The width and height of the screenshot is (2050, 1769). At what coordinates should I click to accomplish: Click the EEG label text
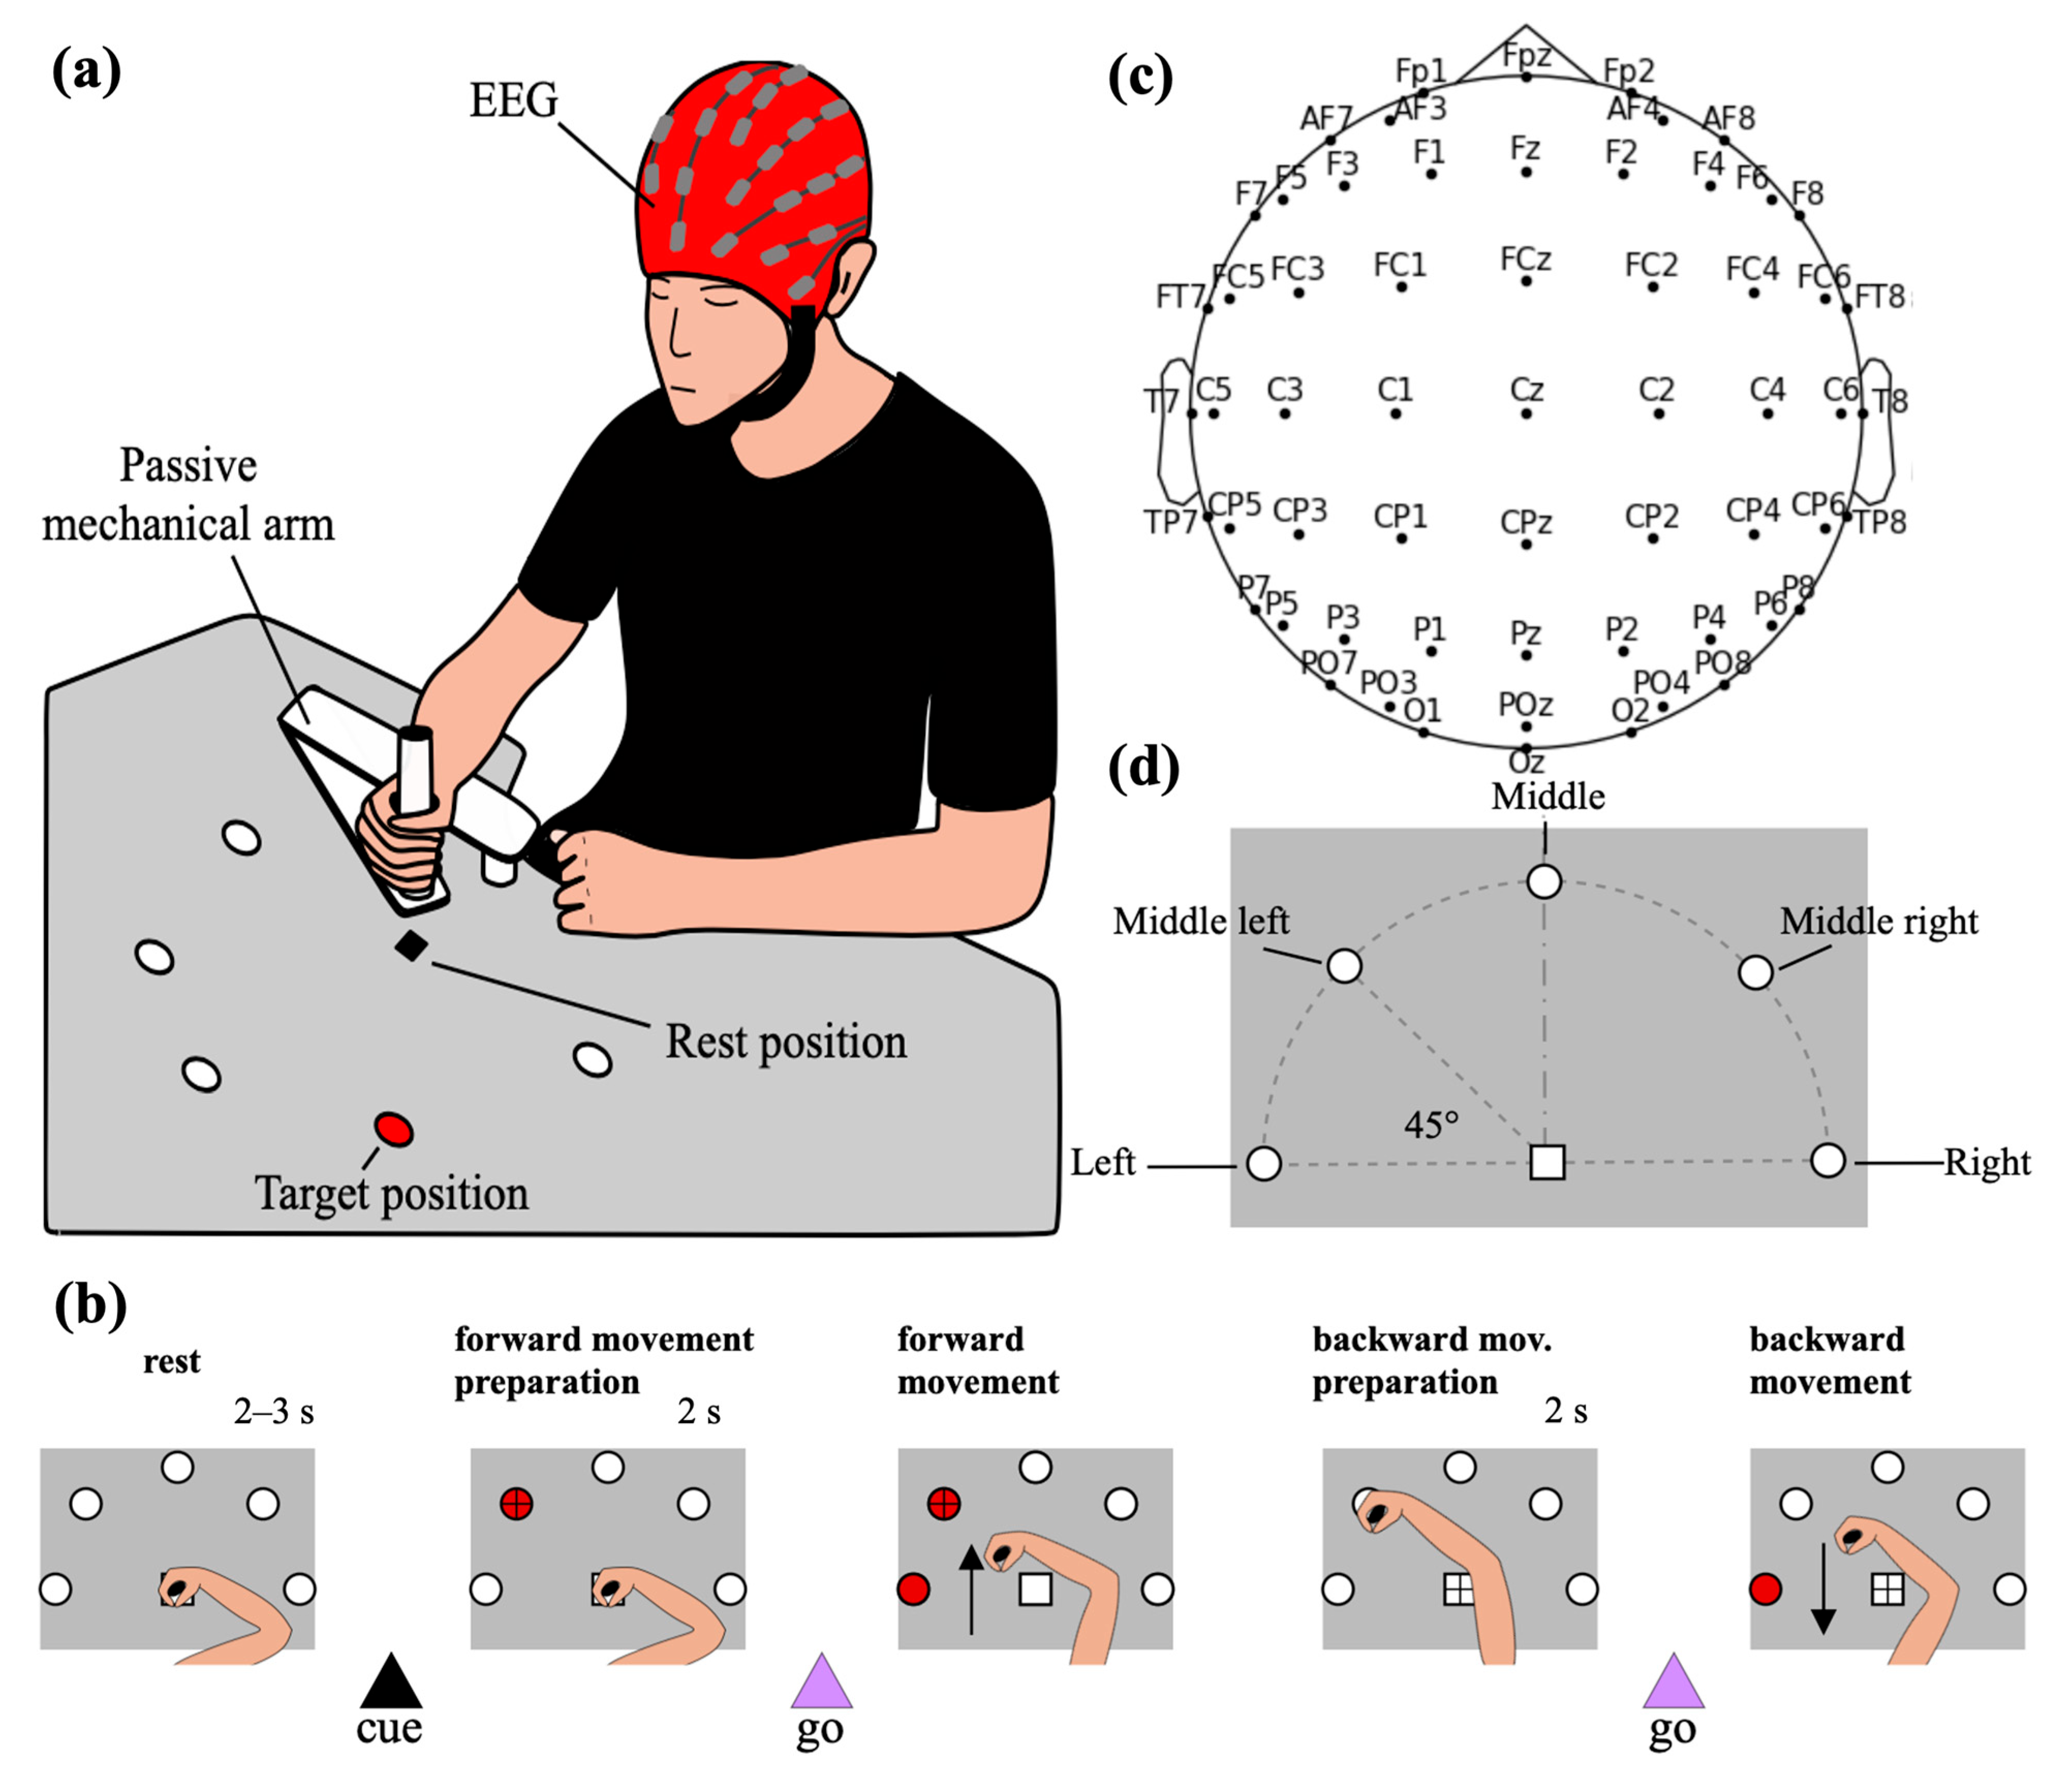pos(512,101)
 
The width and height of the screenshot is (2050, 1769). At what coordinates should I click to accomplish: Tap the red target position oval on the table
pos(394,1129)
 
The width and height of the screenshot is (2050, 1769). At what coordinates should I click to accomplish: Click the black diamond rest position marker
pos(411,946)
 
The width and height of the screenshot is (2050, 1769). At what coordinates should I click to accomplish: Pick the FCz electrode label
pos(1526,259)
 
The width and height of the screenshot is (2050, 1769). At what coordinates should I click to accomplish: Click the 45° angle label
pos(1431,1125)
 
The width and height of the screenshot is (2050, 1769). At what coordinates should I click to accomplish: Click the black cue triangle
pos(391,1682)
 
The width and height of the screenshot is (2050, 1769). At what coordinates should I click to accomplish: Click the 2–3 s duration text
pos(274,1412)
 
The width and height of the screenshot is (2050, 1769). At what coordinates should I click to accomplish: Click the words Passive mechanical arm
pos(188,495)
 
